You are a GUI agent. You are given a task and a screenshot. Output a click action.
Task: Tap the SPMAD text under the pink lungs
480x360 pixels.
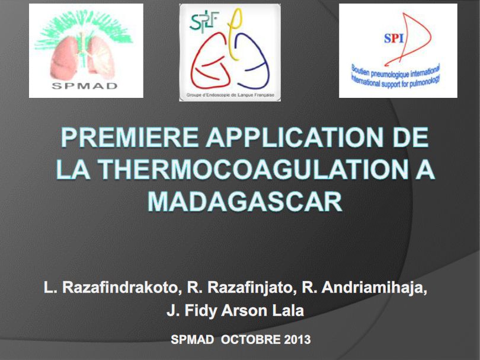(x=86, y=85)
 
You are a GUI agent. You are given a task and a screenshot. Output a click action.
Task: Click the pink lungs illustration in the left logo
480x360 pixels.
(x=86, y=56)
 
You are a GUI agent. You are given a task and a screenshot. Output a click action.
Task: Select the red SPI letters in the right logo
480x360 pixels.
(x=393, y=39)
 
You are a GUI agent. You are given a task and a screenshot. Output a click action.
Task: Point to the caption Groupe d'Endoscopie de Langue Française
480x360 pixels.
(x=230, y=95)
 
